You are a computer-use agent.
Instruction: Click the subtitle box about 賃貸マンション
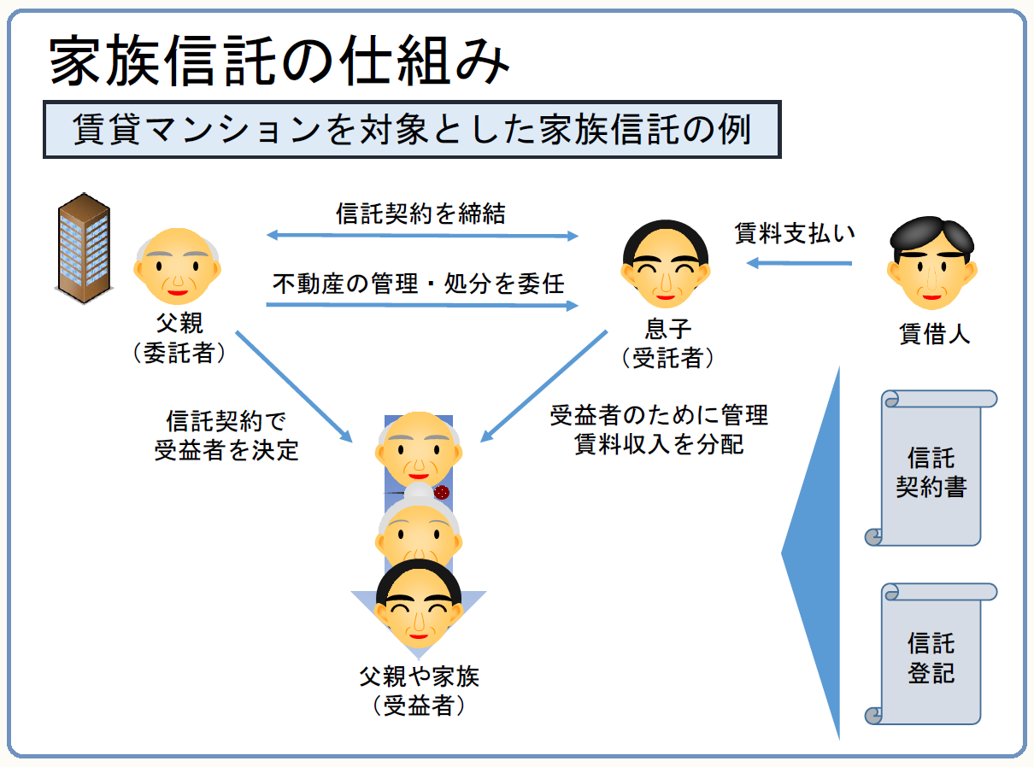(x=412, y=131)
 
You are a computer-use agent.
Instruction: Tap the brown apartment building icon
(x=83, y=245)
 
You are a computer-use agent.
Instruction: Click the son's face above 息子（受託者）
(x=666, y=264)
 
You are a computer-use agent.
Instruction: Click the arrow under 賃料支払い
(x=800, y=263)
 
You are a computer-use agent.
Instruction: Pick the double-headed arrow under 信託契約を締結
(x=422, y=235)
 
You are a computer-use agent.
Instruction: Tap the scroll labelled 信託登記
(x=931, y=654)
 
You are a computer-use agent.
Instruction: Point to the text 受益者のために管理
(x=659, y=416)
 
